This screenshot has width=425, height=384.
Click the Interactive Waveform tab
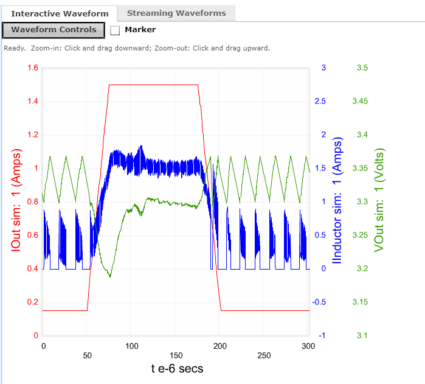60,13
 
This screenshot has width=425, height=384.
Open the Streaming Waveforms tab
176,13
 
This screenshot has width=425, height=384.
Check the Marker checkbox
116,30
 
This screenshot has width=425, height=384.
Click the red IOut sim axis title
16,201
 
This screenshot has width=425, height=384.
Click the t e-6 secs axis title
177,368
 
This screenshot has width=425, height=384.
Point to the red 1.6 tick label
32,68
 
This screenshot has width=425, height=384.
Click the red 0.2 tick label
32,302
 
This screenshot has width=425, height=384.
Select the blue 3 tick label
323,68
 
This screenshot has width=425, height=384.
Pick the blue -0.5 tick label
320,302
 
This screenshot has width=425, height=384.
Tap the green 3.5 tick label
362,68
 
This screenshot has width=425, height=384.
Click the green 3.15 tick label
362,302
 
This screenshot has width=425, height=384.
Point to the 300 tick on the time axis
309,346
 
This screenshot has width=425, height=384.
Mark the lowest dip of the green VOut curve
110,277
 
